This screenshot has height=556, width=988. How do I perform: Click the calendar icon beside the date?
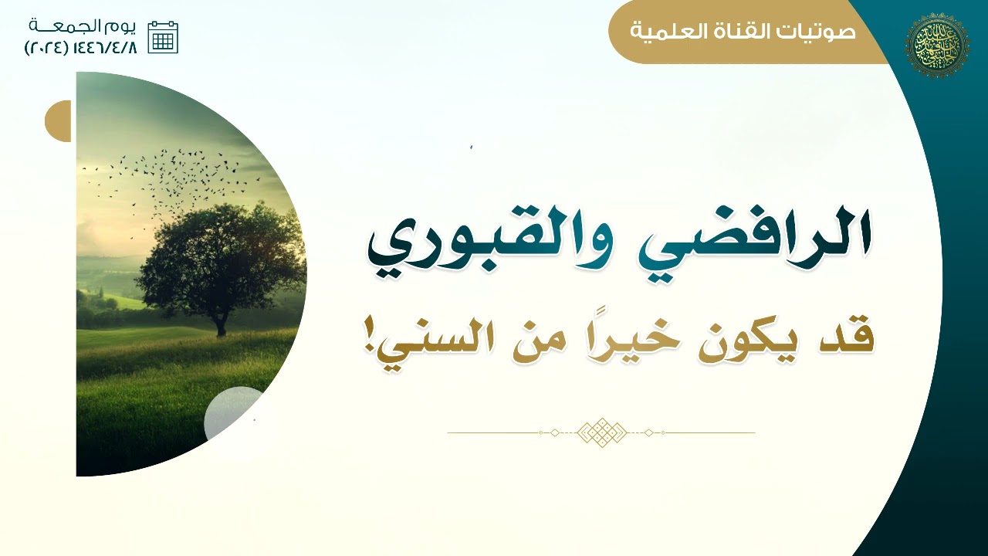click(163, 37)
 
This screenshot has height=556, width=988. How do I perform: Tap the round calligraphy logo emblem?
click(936, 46)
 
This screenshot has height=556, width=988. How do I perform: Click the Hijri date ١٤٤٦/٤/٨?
click(107, 47)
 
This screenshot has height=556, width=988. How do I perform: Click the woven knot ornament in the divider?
click(601, 432)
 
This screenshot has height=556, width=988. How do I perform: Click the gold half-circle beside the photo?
click(59, 121)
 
